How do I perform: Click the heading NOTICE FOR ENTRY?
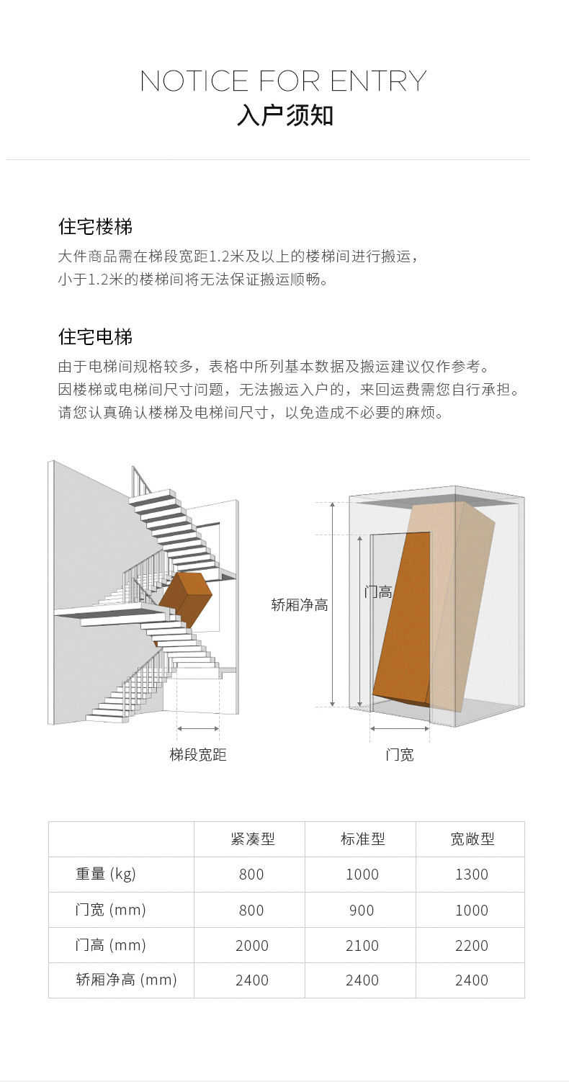pyautogui.click(x=284, y=81)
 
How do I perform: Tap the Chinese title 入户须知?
pyautogui.click(x=284, y=116)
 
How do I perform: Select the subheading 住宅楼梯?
pyautogui.click(x=95, y=227)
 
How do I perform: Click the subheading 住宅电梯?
pyautogui.click(x=95, y=336)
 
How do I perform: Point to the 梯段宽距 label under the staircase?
pyautogui.click(x=198, y=755)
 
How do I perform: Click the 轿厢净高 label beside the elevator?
pyautogui.click(x=299, y=605)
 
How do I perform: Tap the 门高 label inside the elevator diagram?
pyautogui.click(x=378, y=592)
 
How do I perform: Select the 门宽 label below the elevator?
pyautogui.click(x=399, y=755)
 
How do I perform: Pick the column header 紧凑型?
pyautogui.click(x=252, y=839)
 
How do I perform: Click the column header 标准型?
pyautogui.click(x=362, y=839)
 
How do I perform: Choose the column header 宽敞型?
pyautogui.click(x=472, y=839)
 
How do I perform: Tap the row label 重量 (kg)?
pyautogui.click(x=106, y=874)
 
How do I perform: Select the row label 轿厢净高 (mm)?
pyautogui.click(x=126, y=980)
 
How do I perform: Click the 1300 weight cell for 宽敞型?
pyautogui.click(x=472, y=875)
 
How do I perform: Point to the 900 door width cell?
pyautogui.click(x=362, y=910)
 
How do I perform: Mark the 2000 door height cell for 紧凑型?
pyautogui.click(x=252, y=945)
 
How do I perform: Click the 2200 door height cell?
pyautogui.click(x=472, y=945)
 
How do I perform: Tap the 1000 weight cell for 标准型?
pyautogui.click(x=362, y=875)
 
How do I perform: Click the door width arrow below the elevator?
pyautogui.click(x=399, y=728)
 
